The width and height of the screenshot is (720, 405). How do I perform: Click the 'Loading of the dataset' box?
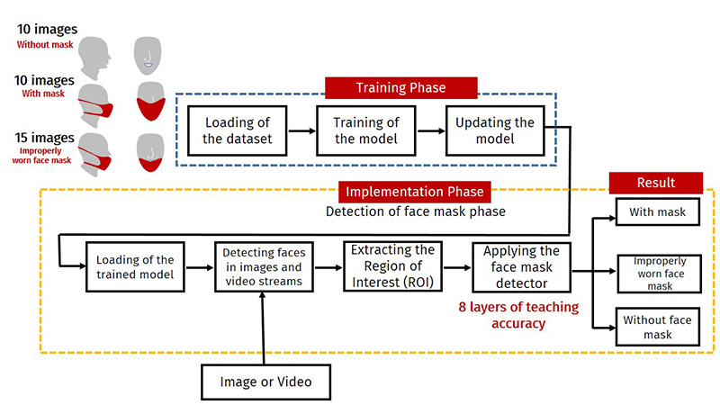[238, 130]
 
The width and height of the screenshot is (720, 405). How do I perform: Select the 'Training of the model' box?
[366, 130]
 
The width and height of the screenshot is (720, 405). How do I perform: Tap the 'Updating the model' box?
[495, 130]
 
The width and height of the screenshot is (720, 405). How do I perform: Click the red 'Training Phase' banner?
[401, 87]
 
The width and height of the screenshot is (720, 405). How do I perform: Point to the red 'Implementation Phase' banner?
[415, 192]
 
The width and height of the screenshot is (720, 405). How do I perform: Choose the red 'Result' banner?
[656, 183]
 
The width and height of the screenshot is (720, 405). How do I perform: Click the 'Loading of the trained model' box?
[135, 266]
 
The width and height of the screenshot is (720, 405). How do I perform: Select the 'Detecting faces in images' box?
[264, 266]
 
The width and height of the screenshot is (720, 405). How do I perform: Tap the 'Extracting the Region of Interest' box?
[392, 266]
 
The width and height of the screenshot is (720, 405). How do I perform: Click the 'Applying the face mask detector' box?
[522, 267]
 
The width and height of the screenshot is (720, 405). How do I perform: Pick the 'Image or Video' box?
[265, 382]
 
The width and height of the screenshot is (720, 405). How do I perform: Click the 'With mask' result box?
[658, 211]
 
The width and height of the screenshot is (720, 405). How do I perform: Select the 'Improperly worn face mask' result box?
[660, 274]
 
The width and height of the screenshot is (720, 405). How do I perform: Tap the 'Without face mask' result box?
[658, 327]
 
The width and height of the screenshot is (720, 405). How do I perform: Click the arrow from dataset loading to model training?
[301, 130]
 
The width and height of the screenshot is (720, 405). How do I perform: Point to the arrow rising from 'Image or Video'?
[263, 328]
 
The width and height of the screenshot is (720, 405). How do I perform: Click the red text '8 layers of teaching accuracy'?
[519, 315]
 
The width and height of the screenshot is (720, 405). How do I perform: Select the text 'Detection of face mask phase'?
[416, 211]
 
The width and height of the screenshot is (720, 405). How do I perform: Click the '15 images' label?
[44, 138]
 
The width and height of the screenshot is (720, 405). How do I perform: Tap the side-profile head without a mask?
[94, 58]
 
